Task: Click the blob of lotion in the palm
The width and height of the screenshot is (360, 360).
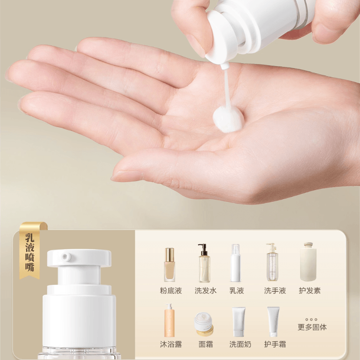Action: pos(228,119)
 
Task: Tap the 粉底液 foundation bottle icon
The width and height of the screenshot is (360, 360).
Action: pos(170,265)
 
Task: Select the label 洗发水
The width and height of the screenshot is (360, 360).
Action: pos(205,291)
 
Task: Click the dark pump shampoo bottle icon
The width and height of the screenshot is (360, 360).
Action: pos(204,263)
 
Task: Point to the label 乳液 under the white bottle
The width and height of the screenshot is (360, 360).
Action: pos(237,291)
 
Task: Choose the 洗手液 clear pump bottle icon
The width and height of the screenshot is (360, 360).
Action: pos(272,262)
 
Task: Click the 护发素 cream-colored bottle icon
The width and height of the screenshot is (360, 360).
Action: pos(308,262)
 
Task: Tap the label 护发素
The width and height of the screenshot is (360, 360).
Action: pos(310,291)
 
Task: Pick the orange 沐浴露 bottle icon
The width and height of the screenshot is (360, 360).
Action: pos(169,320)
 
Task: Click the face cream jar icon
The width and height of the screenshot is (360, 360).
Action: pos(204,324)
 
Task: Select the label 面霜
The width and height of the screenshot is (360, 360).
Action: pos(206,344)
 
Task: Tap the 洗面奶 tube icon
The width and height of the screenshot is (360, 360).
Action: pos(239,321)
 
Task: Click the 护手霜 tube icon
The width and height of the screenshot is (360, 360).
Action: pos(273,321)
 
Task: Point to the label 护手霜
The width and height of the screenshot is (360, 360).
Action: pos(275,344)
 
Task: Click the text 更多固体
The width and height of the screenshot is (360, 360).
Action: pos(312,327)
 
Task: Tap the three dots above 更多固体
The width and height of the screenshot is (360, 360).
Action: pos(311,320)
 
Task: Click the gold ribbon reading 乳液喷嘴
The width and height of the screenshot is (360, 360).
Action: pos(31,251)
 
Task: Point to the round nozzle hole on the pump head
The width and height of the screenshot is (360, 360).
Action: pos(66,256)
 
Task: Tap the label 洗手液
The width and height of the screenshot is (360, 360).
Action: pos(275,291)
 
